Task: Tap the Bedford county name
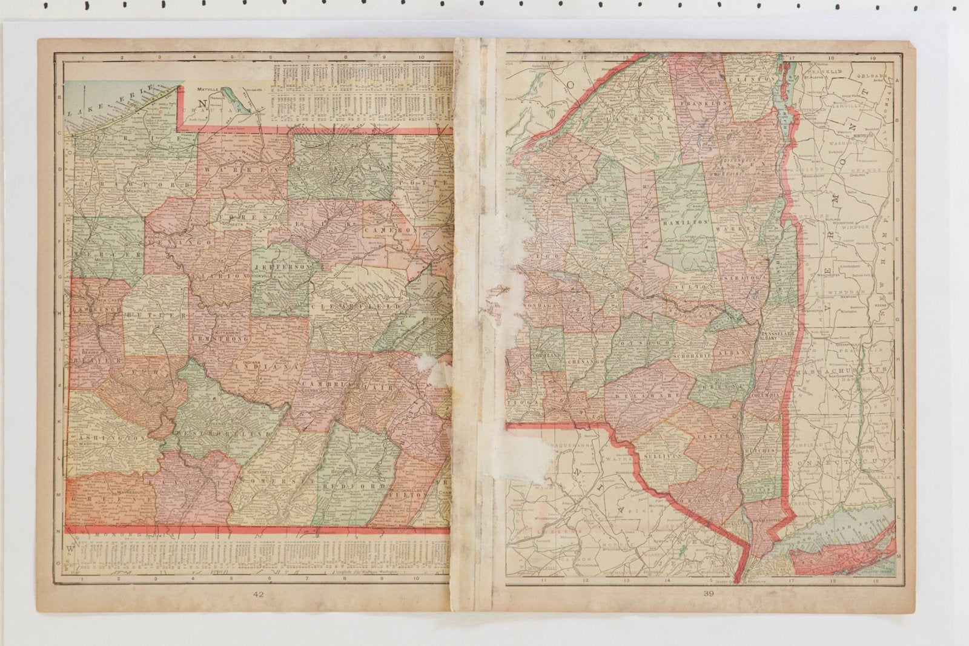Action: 354,486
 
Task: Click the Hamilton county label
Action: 686,222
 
